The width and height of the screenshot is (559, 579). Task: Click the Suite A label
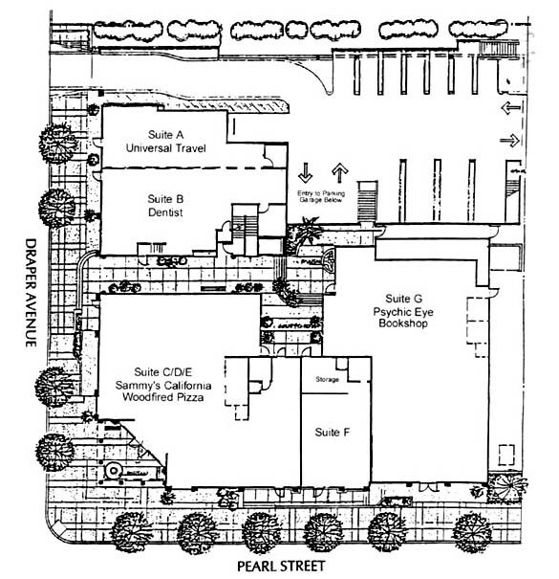click(x=165, y=135)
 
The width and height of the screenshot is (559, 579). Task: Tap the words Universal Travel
click(x=165, y=148)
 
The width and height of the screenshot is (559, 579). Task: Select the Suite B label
click(x=165, y=199)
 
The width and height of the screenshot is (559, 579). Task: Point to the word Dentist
click(x=165, y=212)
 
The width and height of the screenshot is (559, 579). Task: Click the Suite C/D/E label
click(x=163, y=372)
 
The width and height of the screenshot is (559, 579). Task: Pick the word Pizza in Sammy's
click(x=189, y=397)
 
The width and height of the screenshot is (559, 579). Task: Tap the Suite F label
click(x=332, y=432)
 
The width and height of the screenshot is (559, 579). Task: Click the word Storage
click(x=327, y=379)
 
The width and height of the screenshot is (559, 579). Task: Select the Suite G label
click(x=403, y=299)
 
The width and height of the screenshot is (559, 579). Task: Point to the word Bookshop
click(x=403, y=323)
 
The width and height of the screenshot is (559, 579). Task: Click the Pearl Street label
click(x=281, y=566)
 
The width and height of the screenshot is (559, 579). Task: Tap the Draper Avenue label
click(x=31, y=293)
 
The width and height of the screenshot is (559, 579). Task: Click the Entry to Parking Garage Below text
click(x=321, y=196)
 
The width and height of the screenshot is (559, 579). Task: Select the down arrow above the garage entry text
click(x=306, y=172)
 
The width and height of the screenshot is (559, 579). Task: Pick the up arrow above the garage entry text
click(x=339, y=173)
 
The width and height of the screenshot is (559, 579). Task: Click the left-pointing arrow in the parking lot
click(x=510, y=108)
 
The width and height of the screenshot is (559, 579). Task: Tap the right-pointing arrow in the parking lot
click(x=510, y=141)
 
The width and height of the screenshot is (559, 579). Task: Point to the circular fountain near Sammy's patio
click(x=113, y=471)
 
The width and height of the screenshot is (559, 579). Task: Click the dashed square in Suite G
click(x=506, y=455)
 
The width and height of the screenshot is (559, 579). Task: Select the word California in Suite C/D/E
click(x=186, y=385)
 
